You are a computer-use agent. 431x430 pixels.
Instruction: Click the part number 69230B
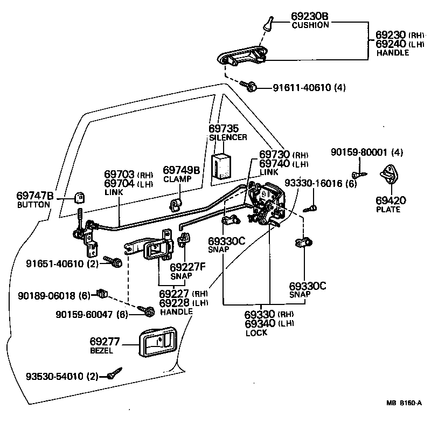(x=310, y=16)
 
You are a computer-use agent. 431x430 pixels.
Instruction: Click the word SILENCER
(x=228, y=137)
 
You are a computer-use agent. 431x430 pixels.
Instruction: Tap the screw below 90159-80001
(x=357, y=174)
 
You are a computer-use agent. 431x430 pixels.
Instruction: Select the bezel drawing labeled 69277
(x=157, y=342)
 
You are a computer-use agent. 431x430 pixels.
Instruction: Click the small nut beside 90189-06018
(x=101, y=294)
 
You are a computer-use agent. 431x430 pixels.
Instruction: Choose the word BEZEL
(x=101, y=351)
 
